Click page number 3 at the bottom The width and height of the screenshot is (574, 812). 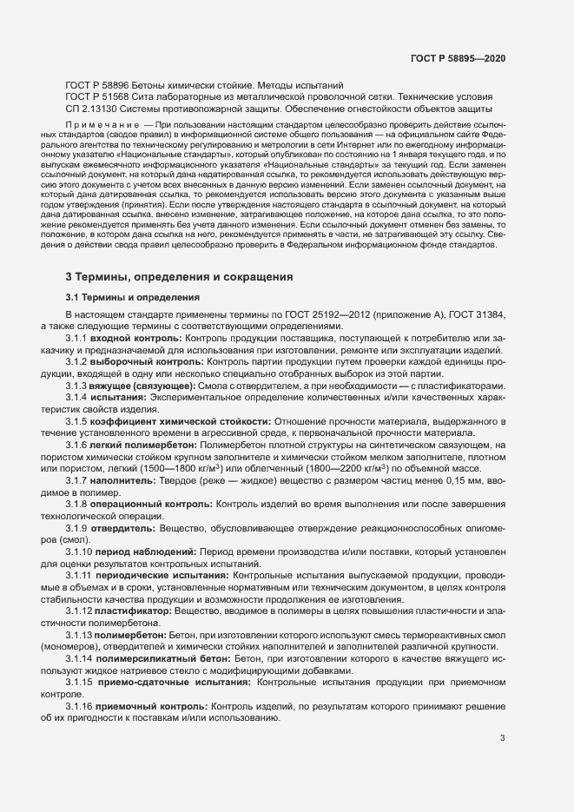click(503, 739)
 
